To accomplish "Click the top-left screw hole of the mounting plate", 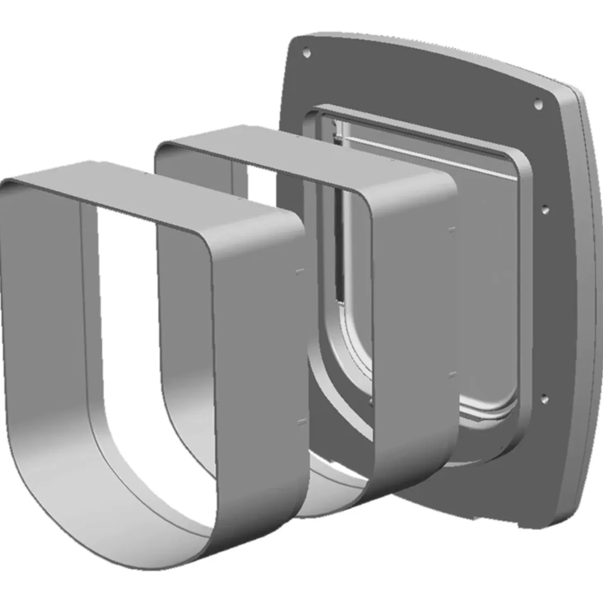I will (306, 53).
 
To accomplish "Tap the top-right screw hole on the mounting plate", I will (538, 104).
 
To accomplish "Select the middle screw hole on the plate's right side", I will (545, 209).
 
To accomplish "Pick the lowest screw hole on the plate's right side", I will (544, 398).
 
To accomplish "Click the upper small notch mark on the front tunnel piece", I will (300, 272).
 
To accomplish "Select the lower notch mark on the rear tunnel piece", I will (453, 375).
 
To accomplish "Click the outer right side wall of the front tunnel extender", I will (264, 351).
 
